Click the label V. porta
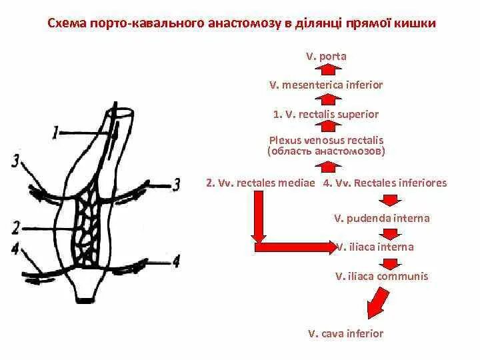326,57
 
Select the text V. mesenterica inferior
326,85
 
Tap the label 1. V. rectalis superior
326,114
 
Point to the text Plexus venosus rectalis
326,141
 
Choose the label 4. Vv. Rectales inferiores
385,183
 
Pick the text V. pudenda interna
381,218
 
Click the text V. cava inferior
345,333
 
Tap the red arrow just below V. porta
326,71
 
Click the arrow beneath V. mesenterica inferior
326,100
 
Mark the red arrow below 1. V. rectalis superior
326,127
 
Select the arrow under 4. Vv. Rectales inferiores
389,200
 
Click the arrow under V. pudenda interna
389,233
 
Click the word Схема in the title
65,24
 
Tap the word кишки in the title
419,24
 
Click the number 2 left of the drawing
15,227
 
